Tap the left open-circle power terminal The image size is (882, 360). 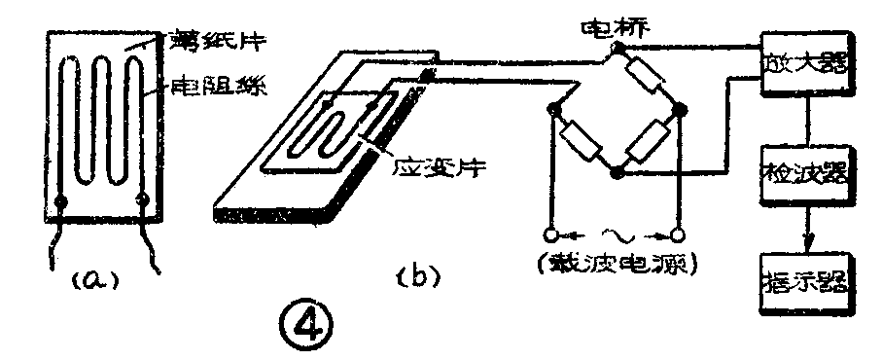click(551, 235)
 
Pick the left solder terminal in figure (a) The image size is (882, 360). click(63, 202)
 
